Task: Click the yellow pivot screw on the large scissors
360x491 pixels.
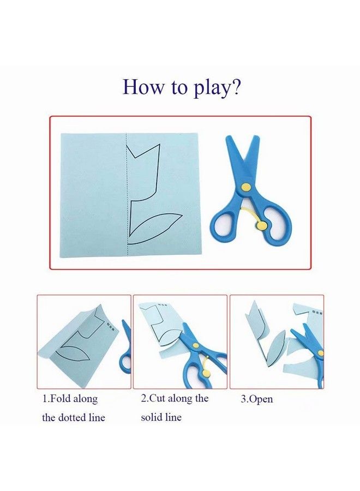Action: (x=246, y=187)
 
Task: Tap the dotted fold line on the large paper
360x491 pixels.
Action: (x=127, y=196)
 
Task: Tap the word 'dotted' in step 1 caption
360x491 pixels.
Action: (x=84, y=418)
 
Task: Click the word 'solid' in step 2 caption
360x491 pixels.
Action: (x=153, y=417)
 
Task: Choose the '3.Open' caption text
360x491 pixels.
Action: (x=257, y=399)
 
